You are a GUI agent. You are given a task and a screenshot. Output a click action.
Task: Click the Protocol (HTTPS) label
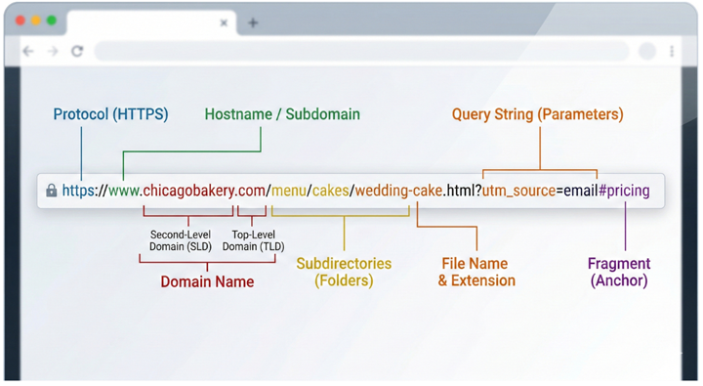click(110, 114)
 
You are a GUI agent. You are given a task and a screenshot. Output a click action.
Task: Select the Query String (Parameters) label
click(537, 114)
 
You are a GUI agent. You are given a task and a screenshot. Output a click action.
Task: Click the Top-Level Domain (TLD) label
click(253, 240)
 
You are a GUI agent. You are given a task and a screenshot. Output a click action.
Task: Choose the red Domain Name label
click(207, 281)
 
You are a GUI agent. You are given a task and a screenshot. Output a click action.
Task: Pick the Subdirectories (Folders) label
click(344, 272)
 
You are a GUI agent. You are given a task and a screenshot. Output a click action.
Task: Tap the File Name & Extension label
click(476, 272)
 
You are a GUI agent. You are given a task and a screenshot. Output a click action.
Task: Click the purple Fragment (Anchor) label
click(619, 272)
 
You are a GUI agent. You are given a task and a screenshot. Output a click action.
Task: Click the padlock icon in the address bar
click(51, 192)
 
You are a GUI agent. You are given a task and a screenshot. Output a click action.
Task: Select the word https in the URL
click(78, 191)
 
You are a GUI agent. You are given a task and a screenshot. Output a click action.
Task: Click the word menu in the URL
click(289, 191)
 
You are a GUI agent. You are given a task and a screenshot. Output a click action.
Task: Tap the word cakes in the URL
click(330, 191)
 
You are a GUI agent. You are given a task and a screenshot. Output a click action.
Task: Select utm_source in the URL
click(518, 191)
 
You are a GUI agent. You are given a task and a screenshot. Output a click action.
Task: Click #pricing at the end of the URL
click(624, 191)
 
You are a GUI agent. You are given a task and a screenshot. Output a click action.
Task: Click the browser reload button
click(77, 51)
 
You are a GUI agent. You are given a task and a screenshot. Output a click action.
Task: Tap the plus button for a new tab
click(253, 22)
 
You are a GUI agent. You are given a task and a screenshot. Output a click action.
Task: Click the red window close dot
click(21, 21)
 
